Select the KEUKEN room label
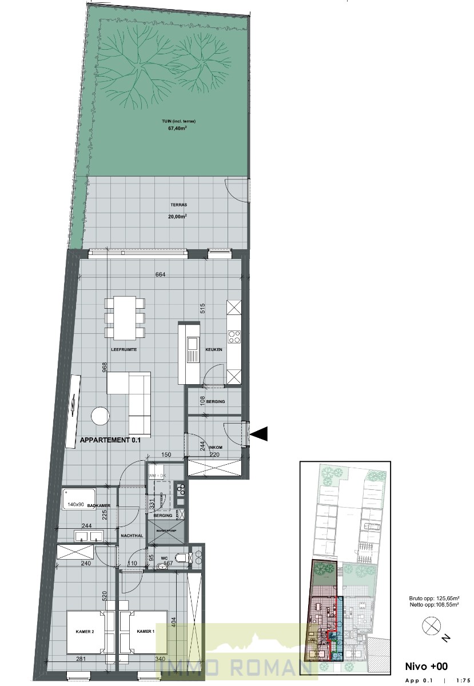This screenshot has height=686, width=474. pyautogui.click(x=214, y=349)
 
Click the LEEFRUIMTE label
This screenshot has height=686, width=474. pyautogui.click(x=124, y=349)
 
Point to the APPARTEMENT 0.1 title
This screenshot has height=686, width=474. pyautogui.click(x=110, y=441)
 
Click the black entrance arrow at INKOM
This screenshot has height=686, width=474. pyautogui.click(x=259, y=434)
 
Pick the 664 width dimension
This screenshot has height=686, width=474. pyautogui.click(x=160, y=275)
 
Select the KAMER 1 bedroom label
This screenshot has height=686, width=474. pyautogui.click(x=146, y=631)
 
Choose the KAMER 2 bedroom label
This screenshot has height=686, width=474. pyautogui.click(x=84, y=631)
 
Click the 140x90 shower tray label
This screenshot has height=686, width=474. pyautogui.click(x=76, y=505)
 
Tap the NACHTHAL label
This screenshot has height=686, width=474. pyautogui.click(x=132, y=536)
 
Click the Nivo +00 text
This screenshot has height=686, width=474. pyautogui.click(x=426, y=666)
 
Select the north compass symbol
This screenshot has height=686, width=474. pyautogui.click(x=430, y=627)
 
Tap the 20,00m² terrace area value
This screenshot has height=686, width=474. pyautogui.click(x=162, y=217)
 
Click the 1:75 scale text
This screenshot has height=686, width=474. pyautogui.click(x=464, y=681)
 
